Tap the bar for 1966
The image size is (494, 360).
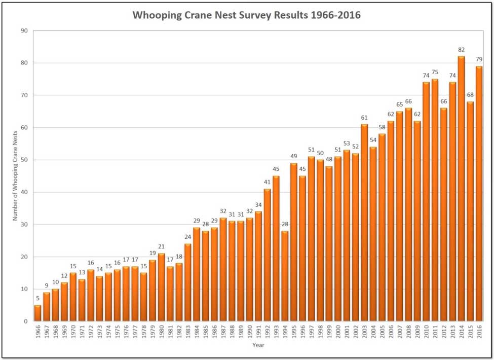click(x=37, y=313)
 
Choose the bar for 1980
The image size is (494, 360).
click(x=161, y=287)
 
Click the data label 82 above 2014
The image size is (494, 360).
click(x=461, y=50)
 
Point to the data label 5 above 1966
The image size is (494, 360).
click(x=37, y=299)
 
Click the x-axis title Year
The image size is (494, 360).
click(x=258, y=345)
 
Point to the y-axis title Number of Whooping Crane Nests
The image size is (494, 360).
click(x=15, y=176)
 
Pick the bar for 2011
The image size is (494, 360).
click(x=435, y=200)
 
